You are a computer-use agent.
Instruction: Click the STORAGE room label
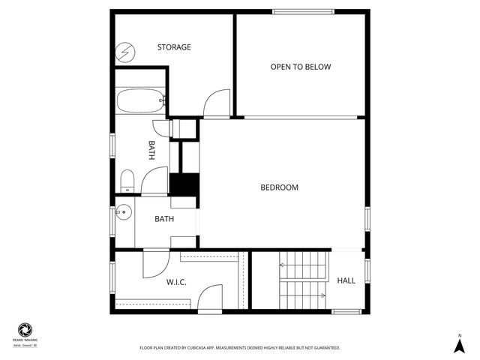click(x=174, y=47)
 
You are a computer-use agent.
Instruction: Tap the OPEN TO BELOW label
click(x=301, y=67)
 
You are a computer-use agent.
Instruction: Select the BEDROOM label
click(x=280, y=187)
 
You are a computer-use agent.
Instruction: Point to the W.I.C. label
click(x=176, y=282)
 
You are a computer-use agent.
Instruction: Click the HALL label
click(x=346, y=280)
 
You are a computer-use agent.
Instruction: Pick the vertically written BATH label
click(x=151, y=151)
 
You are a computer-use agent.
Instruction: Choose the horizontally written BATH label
click(x=164, y=219)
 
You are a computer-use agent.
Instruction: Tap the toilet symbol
click(x=127, y=181)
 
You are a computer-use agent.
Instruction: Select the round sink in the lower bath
click(x=124, y=211)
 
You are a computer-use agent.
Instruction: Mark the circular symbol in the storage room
click(x=126, y=52)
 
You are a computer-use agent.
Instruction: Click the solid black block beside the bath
click(x=184, y=184)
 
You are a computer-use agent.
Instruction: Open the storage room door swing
click(x=218, y=103)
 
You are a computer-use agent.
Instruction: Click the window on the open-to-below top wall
click(x=303, y=10)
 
